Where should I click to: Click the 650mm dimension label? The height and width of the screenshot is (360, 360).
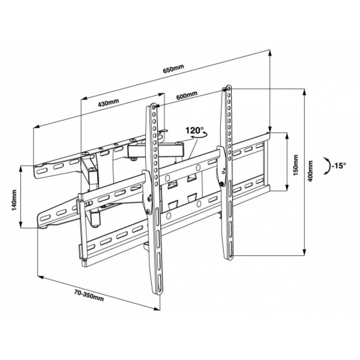pyautogui.click(x=173, y=70)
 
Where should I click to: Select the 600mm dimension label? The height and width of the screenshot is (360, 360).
pyautogui.click(x=187, y=95)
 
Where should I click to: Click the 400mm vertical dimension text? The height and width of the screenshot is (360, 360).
pyautogui.click(x=310, y=171)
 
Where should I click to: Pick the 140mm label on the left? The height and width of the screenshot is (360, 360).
pyautogui.click(x=14, y=200)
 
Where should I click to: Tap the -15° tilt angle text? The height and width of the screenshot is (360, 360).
pyautogui.click(x=339, y=165)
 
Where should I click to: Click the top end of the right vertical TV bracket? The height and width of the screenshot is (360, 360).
pyautogui.click(x=228, y=87)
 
